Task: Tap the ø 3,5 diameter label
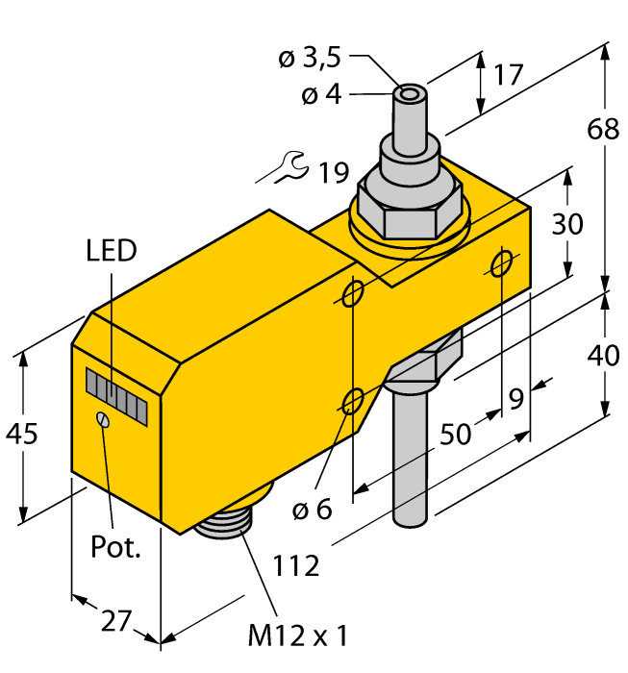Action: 309,59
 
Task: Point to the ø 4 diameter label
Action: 322,95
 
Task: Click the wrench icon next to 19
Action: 289,169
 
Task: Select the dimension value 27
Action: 114,621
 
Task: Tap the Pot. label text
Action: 114,548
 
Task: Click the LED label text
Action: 111,252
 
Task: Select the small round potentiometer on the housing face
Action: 103,419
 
